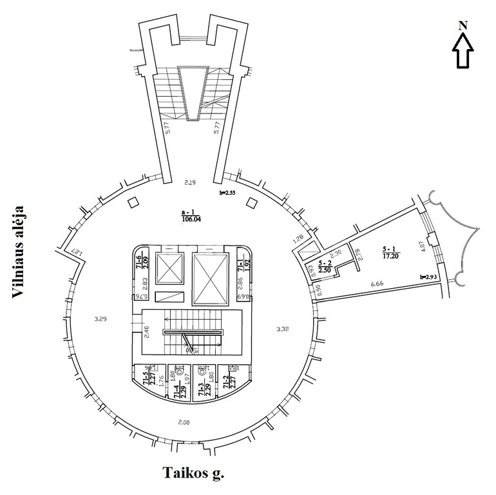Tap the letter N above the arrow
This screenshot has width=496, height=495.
tap(463, 25)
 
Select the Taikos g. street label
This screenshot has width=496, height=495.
tap(192, 474)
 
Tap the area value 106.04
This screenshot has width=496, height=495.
tap(191, 218)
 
